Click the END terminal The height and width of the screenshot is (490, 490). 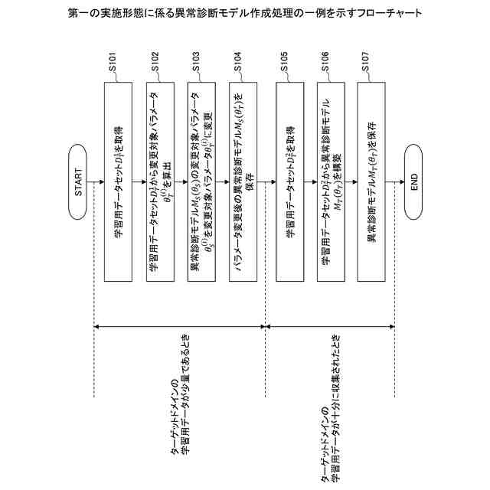point(413,181)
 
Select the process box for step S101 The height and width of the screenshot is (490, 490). point(117,181)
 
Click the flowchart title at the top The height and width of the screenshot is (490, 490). point(245,13)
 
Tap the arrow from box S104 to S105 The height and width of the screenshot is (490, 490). point(269,181)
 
